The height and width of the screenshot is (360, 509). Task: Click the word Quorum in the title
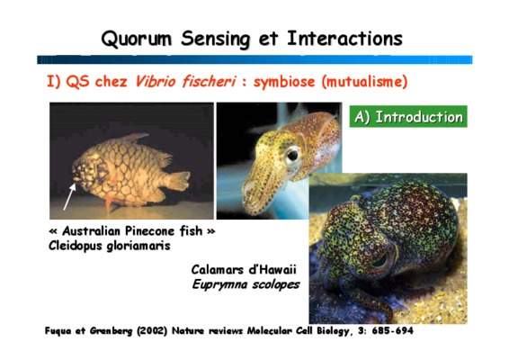[136, 39]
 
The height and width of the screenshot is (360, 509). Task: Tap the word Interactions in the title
[344, 39]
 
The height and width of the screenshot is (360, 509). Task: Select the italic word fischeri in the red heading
[209, 81]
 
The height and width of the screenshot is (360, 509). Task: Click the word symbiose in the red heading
[284, 82]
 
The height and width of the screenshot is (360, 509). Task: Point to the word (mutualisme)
[364, 82]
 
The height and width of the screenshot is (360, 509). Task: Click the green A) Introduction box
[408, 116]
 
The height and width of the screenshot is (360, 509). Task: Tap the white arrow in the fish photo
[69, 196]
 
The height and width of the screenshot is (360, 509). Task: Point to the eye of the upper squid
[292, 155]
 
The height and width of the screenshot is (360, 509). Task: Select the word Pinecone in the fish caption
[150, 231]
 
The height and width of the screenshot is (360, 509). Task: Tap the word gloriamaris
[138, 246]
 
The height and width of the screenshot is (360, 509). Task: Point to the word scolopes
[276, 284]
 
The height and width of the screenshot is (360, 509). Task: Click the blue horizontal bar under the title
[254, 59]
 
